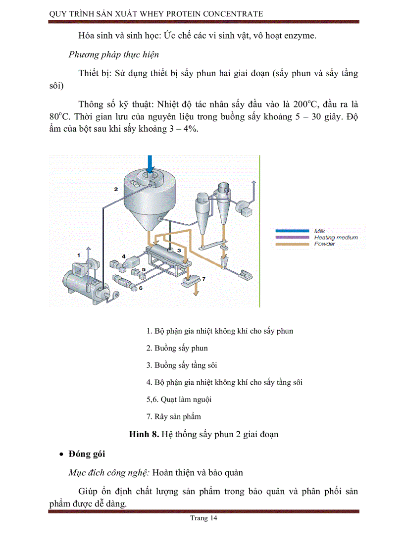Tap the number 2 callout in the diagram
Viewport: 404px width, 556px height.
point(115,189)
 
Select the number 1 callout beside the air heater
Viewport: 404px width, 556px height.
point(78,253)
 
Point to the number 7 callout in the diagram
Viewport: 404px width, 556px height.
point(203,279)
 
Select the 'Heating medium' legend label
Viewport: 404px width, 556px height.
point(335,238)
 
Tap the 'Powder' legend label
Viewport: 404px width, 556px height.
point(324,244)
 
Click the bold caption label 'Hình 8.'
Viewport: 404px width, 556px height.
point(144,434)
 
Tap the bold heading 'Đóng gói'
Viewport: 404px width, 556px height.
point(87,454)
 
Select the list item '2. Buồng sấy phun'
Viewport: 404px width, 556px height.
point(177,348)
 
